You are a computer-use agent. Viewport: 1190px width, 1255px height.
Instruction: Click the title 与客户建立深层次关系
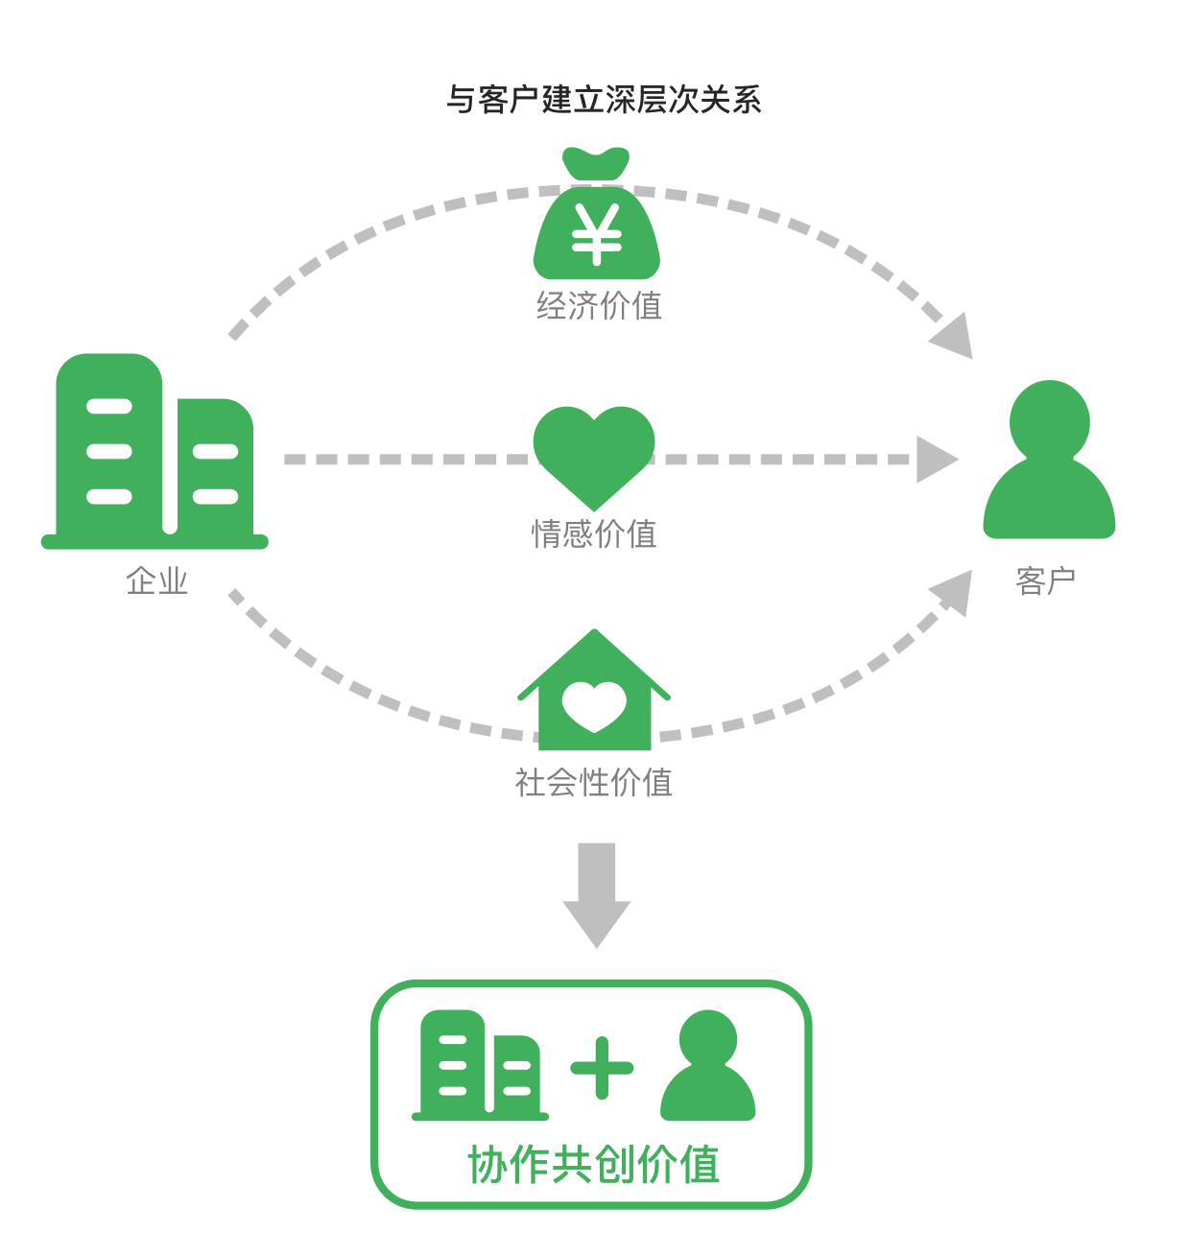tap(604, 100)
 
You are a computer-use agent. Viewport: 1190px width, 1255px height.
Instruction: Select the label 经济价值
tap(599, 306)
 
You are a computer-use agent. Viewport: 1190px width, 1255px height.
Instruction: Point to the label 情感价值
tap(594, 534)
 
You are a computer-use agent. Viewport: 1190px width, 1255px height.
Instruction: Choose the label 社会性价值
tap(594, 783)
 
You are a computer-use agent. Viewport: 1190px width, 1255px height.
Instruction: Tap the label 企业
tap(156, 581)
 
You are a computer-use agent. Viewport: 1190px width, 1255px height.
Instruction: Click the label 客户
tap(1045, 581)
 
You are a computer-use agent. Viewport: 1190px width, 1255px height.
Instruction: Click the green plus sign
tap(602, 1067)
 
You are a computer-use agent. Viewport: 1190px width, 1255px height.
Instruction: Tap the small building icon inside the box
tap(480, 1066)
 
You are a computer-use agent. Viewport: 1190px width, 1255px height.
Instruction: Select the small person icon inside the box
tap(708, 1067)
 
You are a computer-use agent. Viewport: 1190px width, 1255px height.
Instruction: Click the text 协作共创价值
tap(594, 1165)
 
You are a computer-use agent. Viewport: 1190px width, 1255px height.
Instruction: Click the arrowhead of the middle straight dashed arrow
tap(935, 460)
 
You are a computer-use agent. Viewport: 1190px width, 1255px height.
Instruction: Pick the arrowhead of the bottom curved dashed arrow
tap(953, 591)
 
